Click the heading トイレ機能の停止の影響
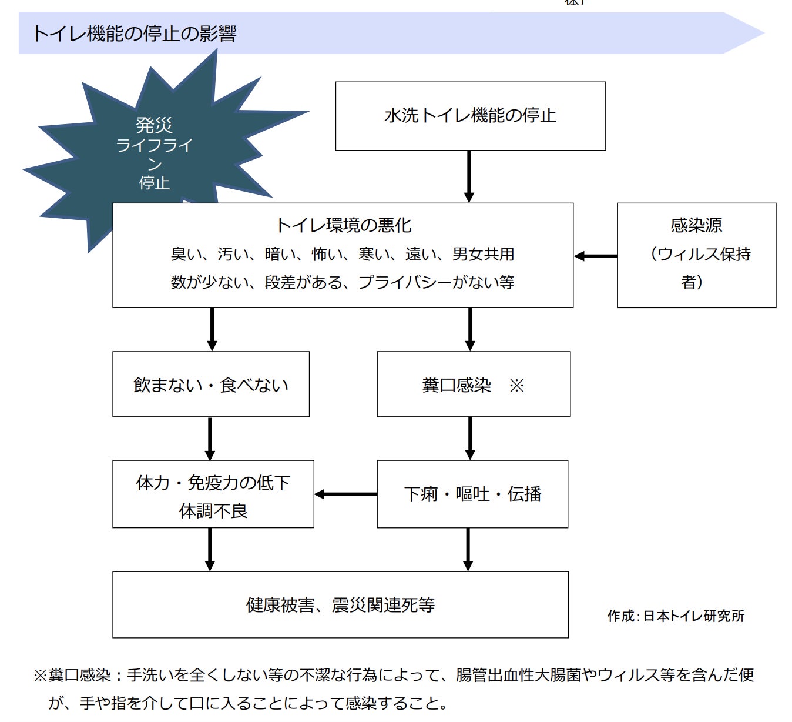coord(135,34)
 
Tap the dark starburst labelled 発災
coord(154,153)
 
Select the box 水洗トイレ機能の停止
coord(470,116)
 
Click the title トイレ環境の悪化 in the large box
coord(344,225)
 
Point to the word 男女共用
coord(483,254)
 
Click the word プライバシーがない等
coord(436,282)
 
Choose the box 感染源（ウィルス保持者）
coord(696,255)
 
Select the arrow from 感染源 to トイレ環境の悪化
coord(595,256)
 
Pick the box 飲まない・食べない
coord(211,385)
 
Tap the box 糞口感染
coord(473,385)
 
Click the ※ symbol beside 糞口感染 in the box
coord(516,386)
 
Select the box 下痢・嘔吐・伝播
coord(472,494)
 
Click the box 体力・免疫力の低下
coord(213,494)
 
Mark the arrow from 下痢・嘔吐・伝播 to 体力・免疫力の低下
coord(345,494)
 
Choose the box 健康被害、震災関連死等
coord(340,604)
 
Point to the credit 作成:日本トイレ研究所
coord(676,616)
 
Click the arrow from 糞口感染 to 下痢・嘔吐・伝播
coord(469,438)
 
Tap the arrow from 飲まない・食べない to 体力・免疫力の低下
coord(210,438)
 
